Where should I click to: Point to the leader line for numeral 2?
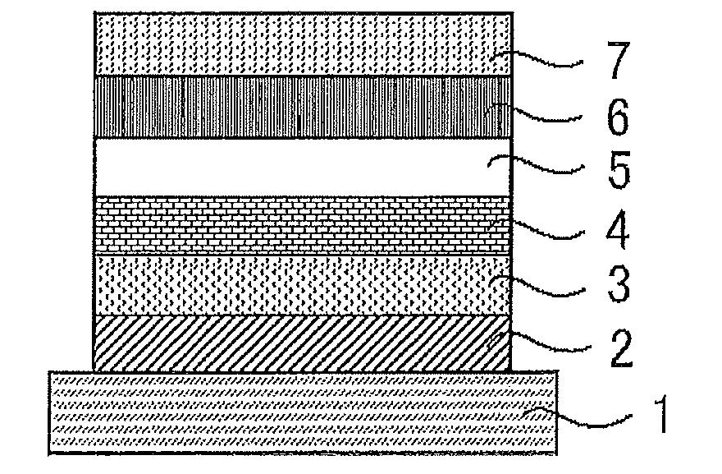(x=550, y=345)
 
